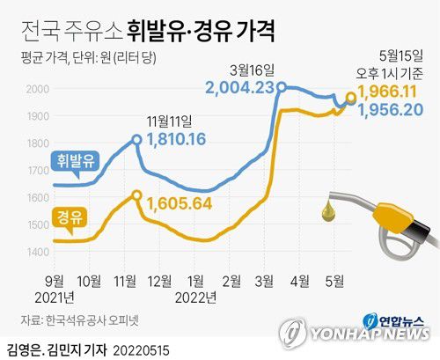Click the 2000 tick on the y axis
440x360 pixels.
pyautogui.click(x=37, y=89)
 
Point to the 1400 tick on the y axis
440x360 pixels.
pyautogui.click(x=37, y=253)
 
